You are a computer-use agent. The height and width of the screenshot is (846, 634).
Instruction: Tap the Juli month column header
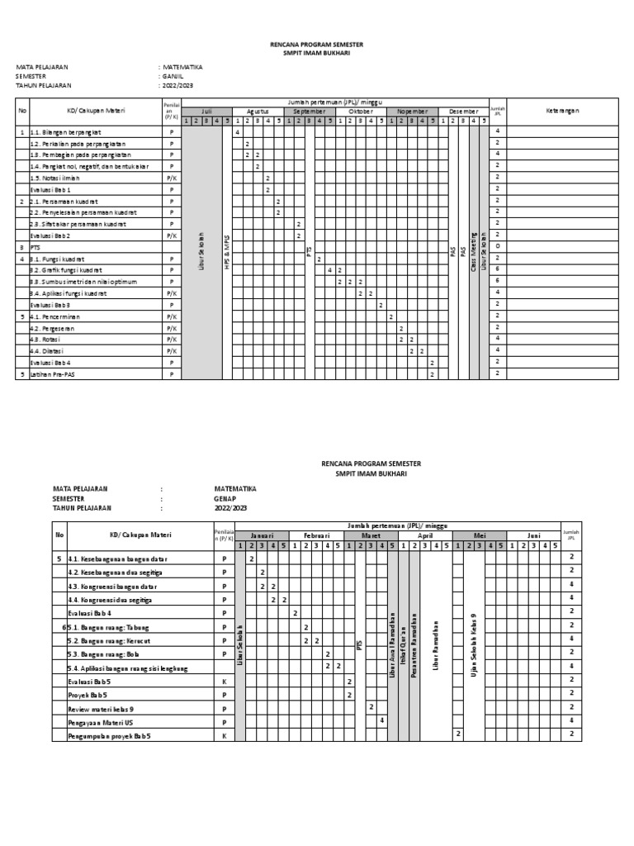pyautogui.click(x=206, y=110)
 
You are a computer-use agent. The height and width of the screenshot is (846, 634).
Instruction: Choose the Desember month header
pyautogui.click(x=464, y=110)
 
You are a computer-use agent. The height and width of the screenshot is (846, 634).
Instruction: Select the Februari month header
pyautogui.click(x=316, y=535)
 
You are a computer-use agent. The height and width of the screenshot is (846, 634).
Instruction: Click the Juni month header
pyautogui.click(x=533, y=535)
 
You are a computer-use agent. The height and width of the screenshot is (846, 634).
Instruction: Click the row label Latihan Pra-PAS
pyautogui.click(x=53, y=374)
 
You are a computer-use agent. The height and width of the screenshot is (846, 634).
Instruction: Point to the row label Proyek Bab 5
pyautogui.click(x=90, y=694)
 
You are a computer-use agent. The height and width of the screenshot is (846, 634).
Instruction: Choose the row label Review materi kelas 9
pyautogui.click(x=101, y=708)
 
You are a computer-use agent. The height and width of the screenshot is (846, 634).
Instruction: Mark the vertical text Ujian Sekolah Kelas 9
pyautogui.click(x=474, y=644)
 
